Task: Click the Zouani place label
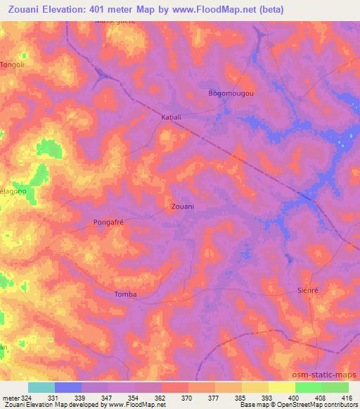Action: tap(183, 207)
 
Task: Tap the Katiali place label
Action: tap(172, 117)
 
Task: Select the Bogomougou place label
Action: tap(231, 93)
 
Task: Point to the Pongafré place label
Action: tap(109, 222)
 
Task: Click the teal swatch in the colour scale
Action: tap(41, 387)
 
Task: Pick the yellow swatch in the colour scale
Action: tap(281, 387)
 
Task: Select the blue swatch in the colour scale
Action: tap(68, 387)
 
